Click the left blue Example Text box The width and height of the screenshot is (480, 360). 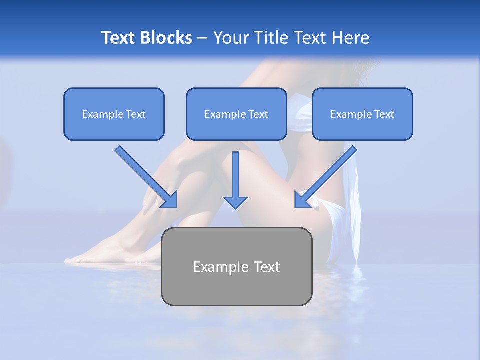(114, 114)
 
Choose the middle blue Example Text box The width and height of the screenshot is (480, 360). (236, 114)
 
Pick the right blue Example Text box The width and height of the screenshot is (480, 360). (362, 114)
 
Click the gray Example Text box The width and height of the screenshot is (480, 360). (236, 266)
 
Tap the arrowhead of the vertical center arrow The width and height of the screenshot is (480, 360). (235, 202)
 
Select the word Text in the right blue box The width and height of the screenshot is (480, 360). (384, 114)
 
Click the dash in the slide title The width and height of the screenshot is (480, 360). (202, 38)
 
